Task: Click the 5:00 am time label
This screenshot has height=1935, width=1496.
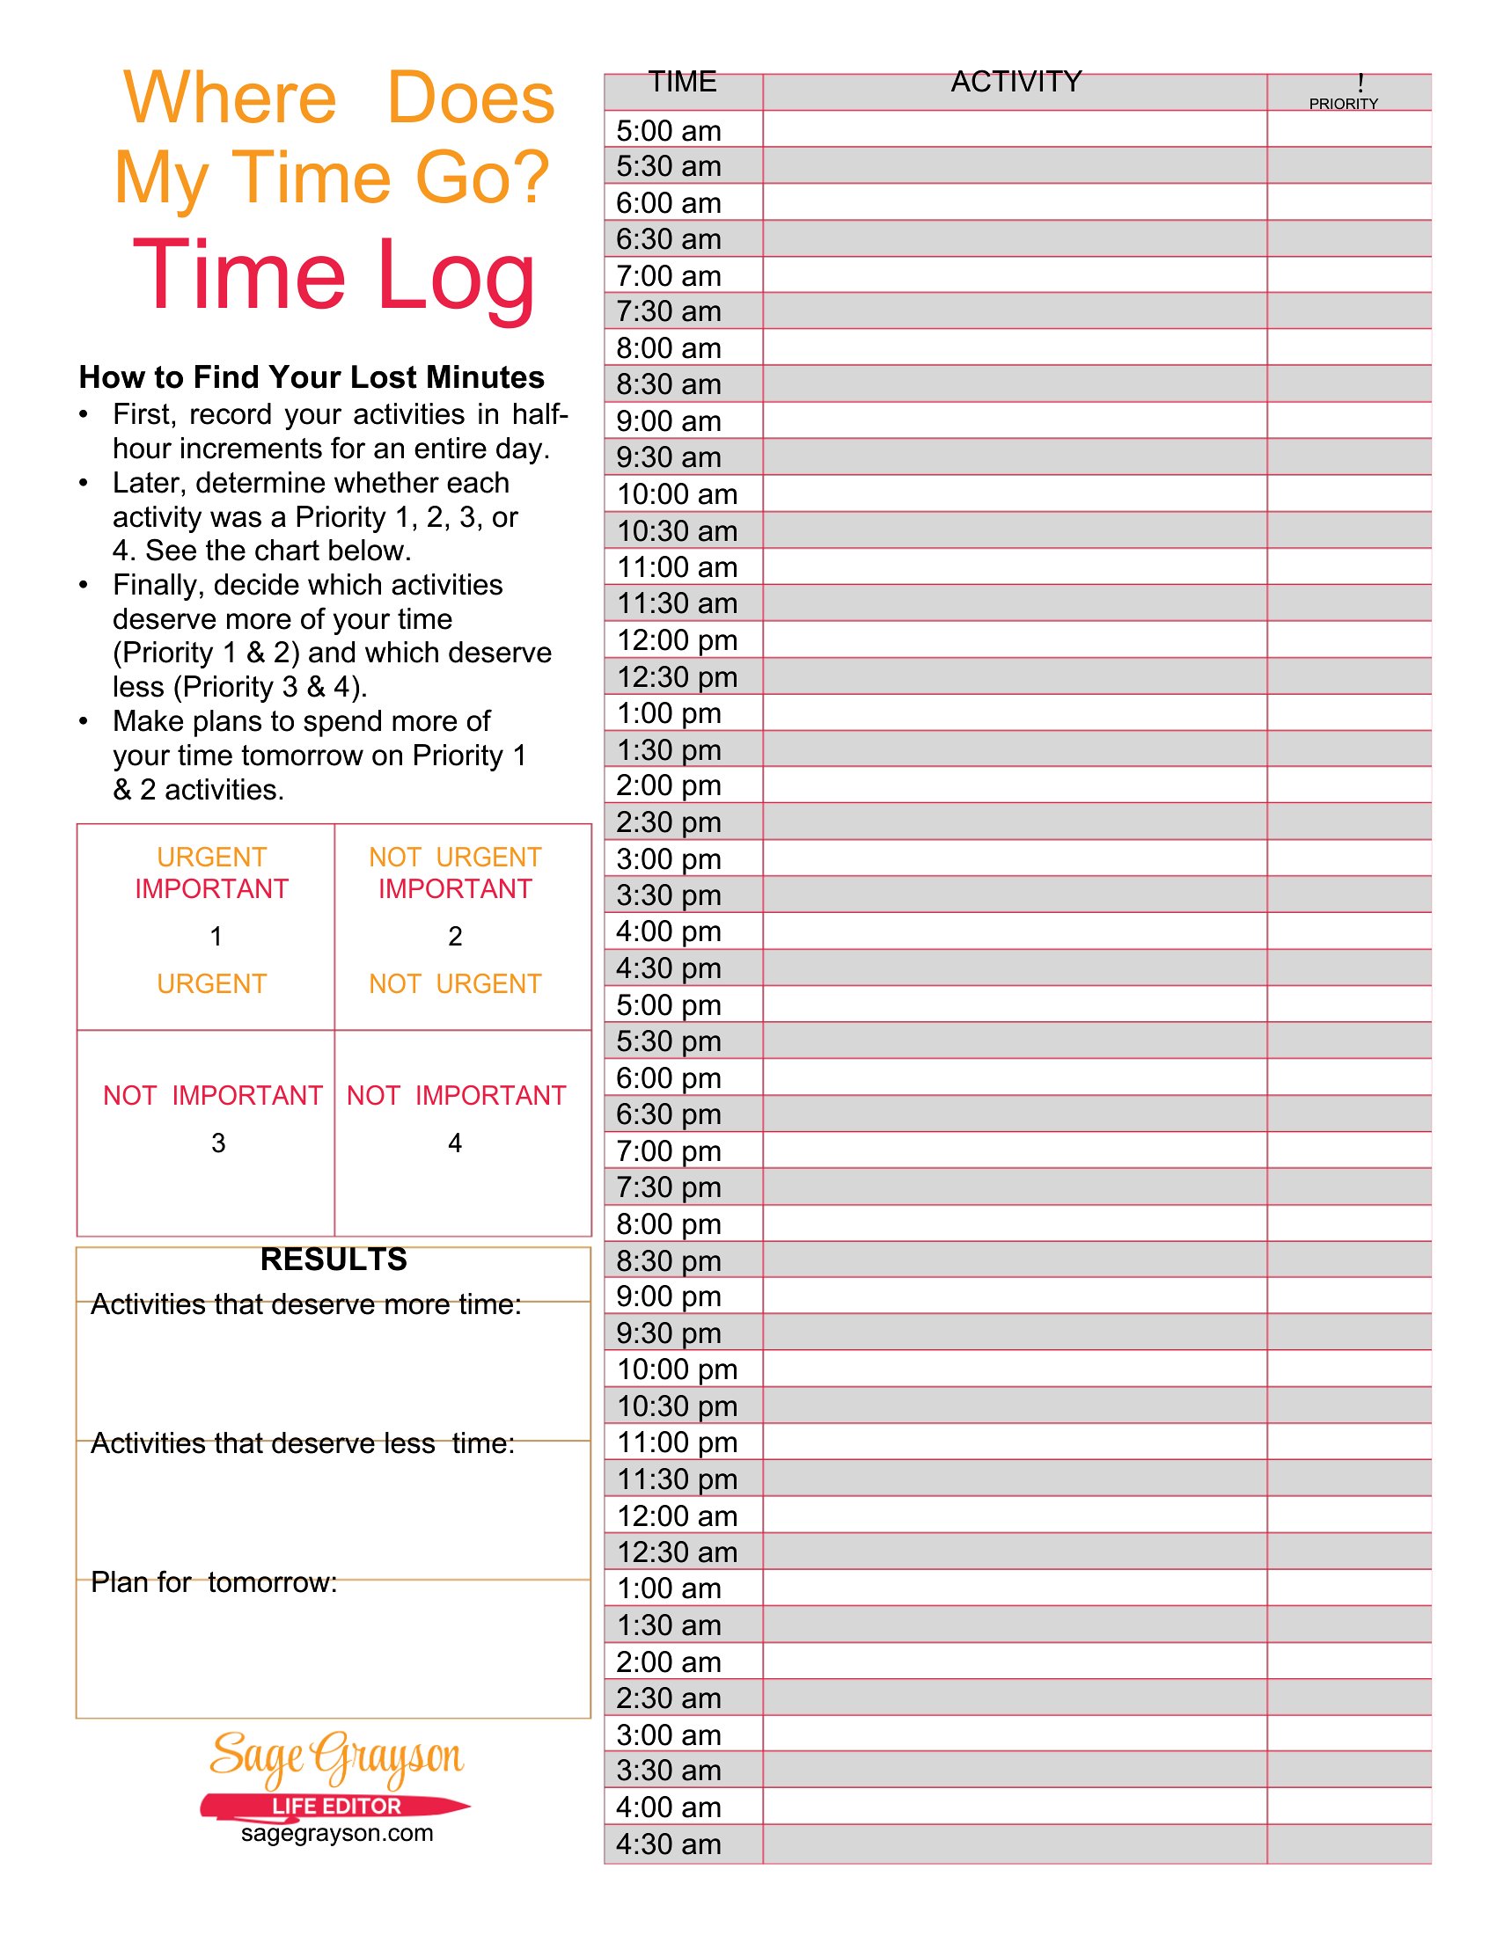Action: coord(668,131)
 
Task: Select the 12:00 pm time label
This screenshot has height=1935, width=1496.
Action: coord(677,639)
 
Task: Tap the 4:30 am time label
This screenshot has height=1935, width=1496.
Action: coord(668,1844)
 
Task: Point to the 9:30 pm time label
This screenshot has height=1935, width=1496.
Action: coord(668,1333)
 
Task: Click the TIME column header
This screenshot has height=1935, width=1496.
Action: coord(682,83)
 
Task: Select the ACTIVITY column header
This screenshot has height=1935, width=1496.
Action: coord(1016,83)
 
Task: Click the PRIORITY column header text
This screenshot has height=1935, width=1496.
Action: coord(1343,104)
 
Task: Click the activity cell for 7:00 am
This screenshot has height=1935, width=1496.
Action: coord(1015,275)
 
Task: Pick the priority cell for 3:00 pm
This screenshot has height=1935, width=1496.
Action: coord(1348,858)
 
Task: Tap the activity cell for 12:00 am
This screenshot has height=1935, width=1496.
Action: coord(1015,1515)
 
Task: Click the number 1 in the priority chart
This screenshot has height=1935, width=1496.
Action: coord(216,937)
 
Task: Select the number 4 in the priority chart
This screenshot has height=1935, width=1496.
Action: coord(455,1143)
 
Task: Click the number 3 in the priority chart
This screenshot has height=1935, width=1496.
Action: coord(218,1143)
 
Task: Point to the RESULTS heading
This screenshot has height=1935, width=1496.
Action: coord(334,1259)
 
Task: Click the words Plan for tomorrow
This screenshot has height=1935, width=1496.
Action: coord(214,1582)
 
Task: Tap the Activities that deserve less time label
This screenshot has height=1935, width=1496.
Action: coord(302,1443)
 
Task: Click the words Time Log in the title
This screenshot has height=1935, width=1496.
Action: coord(334,276)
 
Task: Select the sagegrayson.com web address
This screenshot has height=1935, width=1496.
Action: coord(337,1833)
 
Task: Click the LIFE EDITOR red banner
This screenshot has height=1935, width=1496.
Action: coord(336,1806)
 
